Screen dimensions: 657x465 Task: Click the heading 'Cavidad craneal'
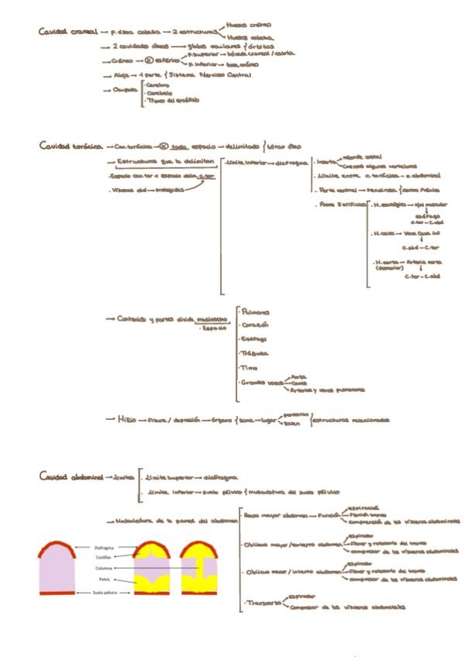coord(68,32)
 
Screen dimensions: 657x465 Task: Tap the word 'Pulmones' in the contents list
coord(256,311)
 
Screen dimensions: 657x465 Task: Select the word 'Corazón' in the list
coord(254,325)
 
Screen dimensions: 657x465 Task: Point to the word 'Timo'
coord(248,367)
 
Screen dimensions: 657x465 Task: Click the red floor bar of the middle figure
coord(153,593)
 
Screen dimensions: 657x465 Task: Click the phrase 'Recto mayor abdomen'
coord(270,514)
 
